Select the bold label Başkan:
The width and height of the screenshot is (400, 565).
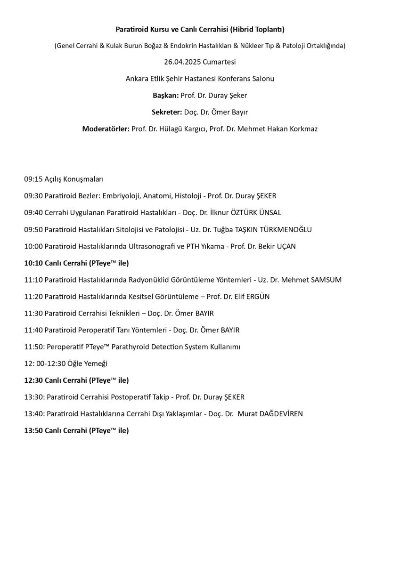pos(165,95)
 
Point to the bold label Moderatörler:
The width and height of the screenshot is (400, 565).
pos(106,129)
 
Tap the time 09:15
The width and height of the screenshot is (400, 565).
pos(33,179)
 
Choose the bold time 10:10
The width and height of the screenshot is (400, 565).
pos(33,263)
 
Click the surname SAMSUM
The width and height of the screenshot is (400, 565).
pos(326,280)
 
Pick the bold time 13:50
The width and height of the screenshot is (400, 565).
pos(33,430)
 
